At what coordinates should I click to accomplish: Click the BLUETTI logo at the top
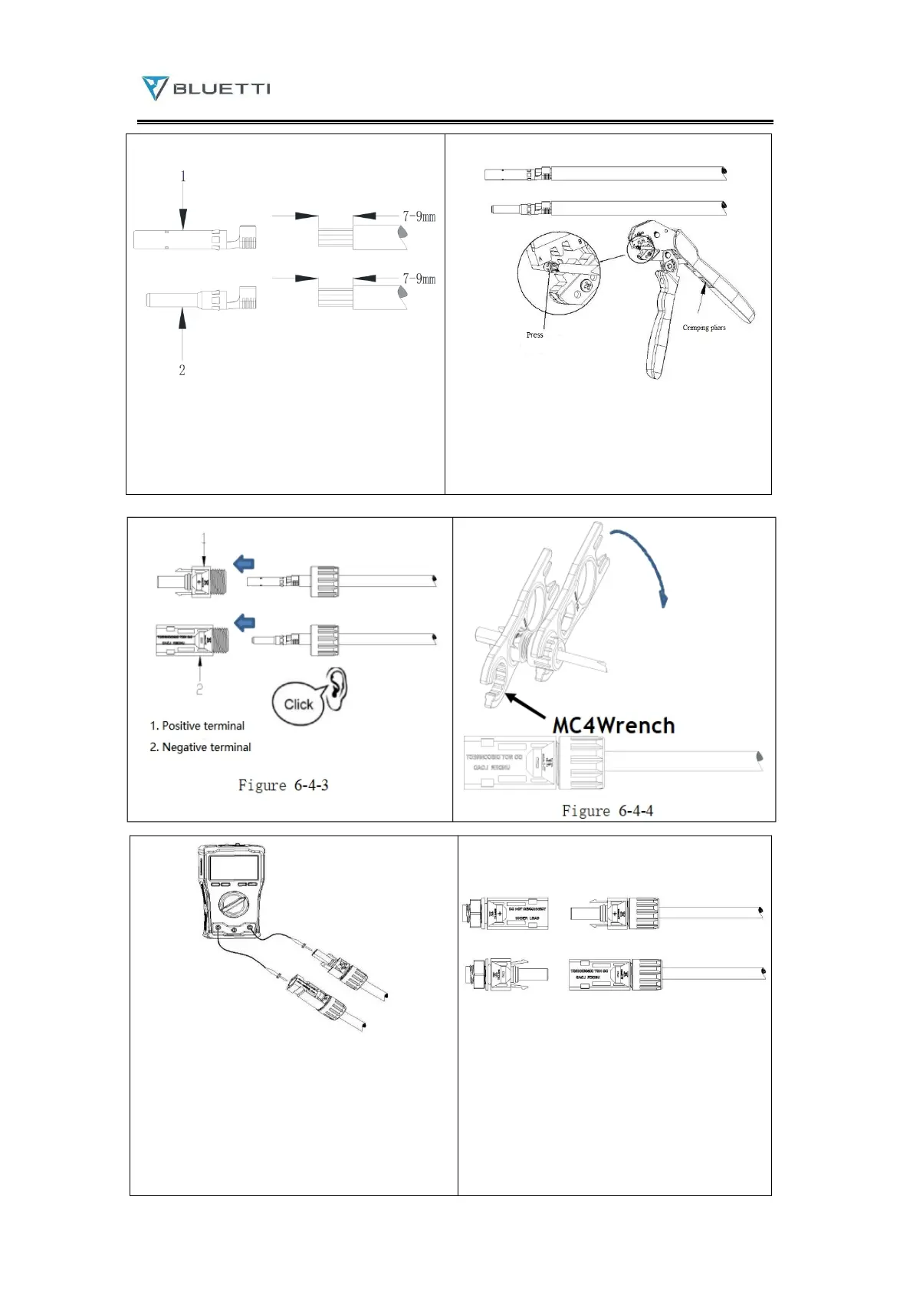tap(205, 88)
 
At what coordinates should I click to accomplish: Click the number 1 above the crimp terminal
tap(182, 176)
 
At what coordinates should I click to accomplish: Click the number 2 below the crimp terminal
tap(182, 370)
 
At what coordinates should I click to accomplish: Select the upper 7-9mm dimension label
tap(419, 216)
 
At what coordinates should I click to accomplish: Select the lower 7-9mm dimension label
tap(419, 279)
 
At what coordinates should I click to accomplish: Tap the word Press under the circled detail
tap(534, 335)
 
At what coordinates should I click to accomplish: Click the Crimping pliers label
tap(704, 328)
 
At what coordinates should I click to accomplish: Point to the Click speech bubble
tap(298, 704)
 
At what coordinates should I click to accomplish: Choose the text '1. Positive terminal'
tap(197, 726)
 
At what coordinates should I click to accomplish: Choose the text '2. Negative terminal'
tap(200, 747)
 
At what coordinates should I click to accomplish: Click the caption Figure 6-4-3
tap(283, 785)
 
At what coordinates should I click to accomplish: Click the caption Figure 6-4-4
tap(607, 811)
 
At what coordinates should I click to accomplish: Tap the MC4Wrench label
tap(613, 725)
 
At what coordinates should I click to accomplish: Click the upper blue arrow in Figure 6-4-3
tap(244, 565)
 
